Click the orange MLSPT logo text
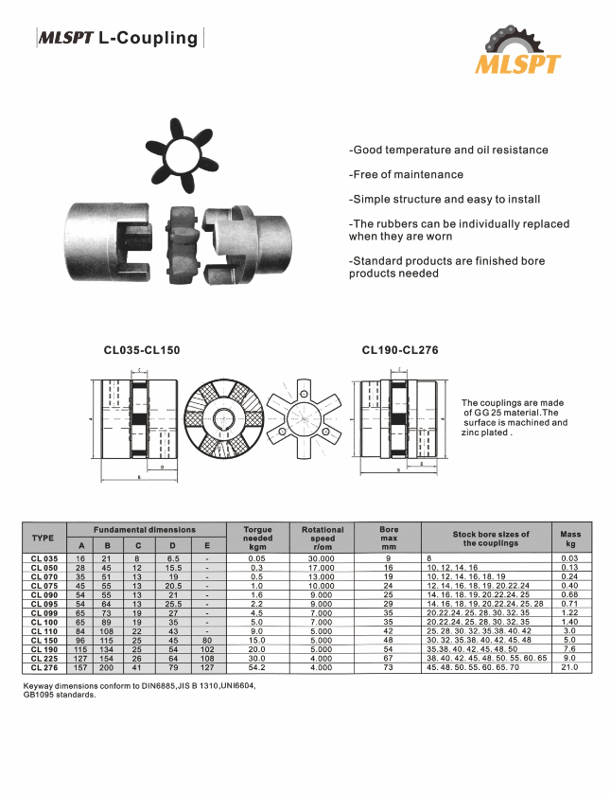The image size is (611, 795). click(517, 64)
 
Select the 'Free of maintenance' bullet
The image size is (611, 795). click(407, 174)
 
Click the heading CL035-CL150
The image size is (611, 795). click(142, 350)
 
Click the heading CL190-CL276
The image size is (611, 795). click(400, 350)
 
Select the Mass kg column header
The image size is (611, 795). click(570, 539)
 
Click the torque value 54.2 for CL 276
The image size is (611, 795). click(257, 667)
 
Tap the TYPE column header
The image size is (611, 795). click(44, 538)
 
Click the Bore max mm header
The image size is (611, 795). click(389, 539)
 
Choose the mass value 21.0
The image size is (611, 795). click(570, 667)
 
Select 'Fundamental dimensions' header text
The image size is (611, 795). click(145, 530)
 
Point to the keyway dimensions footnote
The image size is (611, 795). click(138, 689)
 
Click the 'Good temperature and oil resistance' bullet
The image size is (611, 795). click(448, 150)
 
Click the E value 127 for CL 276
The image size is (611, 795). click(207, 667)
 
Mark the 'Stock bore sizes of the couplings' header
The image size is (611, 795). click(491, 539)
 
